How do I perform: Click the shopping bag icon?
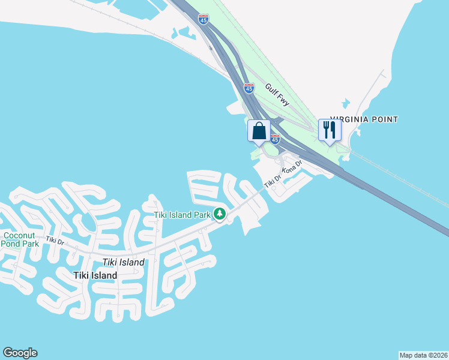259,131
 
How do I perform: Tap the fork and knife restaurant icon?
329,130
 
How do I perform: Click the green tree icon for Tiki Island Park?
220,214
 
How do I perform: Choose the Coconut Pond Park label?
21,240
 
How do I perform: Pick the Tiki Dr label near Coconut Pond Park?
55,241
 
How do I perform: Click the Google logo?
20,353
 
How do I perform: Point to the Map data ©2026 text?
423,355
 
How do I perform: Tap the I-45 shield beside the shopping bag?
275,139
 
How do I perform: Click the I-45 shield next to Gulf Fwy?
249,88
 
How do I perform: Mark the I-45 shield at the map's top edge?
204,19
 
